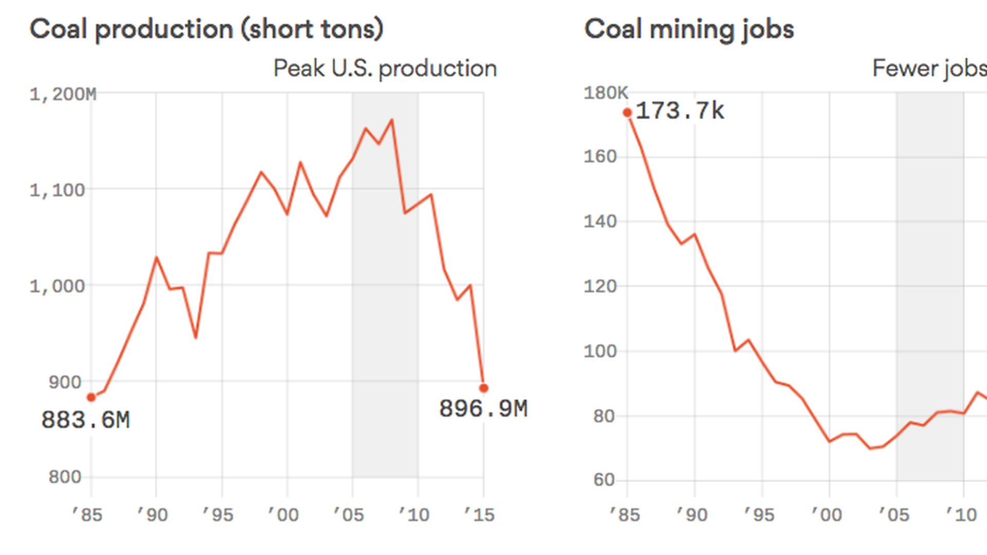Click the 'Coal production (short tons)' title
[x=206, y=29]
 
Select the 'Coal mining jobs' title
[x=689, y=29]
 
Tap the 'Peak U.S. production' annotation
[x=385, y=68]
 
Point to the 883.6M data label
[x=85, y=420]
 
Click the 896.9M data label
[x=483, y=409]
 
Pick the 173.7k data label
[x=680, y=111]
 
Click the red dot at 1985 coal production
[x=92, y=397]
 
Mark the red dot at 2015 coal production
[x=484, y=388]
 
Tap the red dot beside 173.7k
[x=627, y=113]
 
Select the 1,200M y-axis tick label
[x=63, y=95]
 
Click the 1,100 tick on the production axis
[x=58, y=191]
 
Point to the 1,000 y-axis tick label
[x=58, y=286]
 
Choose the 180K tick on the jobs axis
[x=606, y=93]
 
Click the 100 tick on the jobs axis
[x=600, y=351]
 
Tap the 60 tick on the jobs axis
[x=604, y=480]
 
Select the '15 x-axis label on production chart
[x=479, y=514]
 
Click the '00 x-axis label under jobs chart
[x=827, y=514]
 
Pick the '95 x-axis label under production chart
[x=218, y=514]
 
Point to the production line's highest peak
[x=392, y=120]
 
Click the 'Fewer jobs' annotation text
[x=929, y=68]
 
